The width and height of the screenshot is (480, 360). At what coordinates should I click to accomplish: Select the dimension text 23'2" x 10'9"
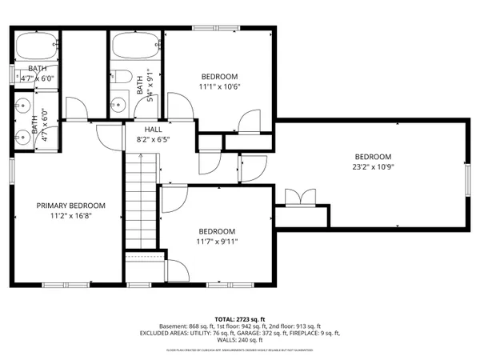point(373,167)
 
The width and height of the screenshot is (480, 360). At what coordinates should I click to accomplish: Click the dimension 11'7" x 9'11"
point(218,241)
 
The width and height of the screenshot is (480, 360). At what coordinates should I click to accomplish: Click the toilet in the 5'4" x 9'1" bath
point(123,78)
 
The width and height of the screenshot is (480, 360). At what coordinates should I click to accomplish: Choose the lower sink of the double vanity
point(22,136)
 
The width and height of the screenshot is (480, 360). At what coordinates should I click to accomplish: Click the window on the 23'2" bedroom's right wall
point(468,182)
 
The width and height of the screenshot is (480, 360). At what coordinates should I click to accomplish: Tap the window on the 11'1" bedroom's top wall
point(216,30)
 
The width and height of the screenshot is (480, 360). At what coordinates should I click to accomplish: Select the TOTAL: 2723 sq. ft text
point(239,318)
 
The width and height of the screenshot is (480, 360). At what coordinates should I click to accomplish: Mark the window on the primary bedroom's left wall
point(11,172)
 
